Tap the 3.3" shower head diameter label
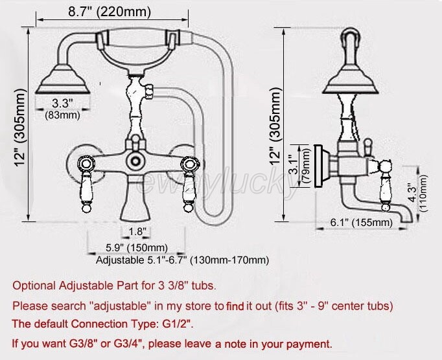click(x=62, y=103)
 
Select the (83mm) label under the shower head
click(x=62, y=115)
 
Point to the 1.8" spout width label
click(x=137, y=231)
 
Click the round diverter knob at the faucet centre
click(x=137, y=159)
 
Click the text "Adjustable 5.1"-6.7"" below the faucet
click(x=139, y=260)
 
